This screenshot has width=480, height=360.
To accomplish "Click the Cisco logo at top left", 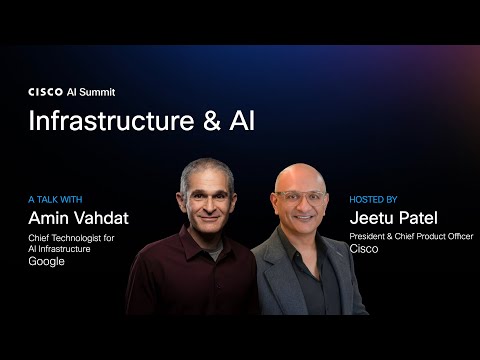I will pos(46,91).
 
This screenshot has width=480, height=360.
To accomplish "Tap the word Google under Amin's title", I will pos(46,261).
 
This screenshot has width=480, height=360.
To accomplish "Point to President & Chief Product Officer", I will pos(410,237).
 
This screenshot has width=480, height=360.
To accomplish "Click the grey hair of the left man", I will pos(205,169).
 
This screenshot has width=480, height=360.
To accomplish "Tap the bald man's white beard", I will pos(301,231).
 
